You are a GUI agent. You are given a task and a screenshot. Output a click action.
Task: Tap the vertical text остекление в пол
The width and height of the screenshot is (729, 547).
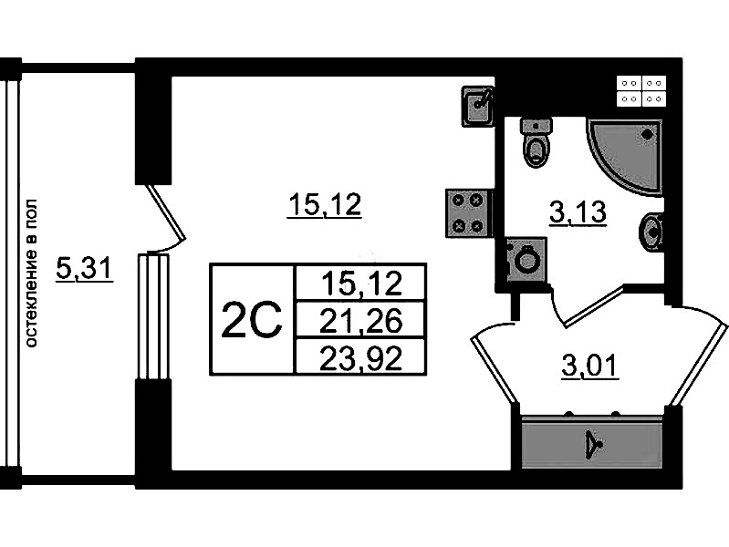(x=32, y=273)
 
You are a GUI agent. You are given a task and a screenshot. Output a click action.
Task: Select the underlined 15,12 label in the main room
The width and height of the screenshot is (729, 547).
(x=325, y=207)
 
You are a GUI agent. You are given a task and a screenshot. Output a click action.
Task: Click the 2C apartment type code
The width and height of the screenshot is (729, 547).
(x=251, y=319)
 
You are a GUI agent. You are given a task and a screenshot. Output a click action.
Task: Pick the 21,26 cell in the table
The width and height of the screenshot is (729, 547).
(x=361, y=320)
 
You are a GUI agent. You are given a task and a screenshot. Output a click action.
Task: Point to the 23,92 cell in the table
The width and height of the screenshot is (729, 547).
(x=361, y=356)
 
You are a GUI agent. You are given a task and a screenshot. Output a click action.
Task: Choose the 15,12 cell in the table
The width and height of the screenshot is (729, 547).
(x=361, y=284)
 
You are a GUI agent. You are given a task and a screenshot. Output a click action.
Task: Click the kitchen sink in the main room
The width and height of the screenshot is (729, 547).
(x=477, y=106)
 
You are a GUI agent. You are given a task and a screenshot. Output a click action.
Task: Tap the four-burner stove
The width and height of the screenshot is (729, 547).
(x=468, y=213)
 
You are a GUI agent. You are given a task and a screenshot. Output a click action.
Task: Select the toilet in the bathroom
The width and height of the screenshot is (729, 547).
(x=536, y=142)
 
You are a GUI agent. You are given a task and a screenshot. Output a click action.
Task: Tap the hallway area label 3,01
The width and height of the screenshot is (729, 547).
(x=589, y=367)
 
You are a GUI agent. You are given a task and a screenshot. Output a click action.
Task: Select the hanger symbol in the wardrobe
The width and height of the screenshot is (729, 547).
(x=594, y=444)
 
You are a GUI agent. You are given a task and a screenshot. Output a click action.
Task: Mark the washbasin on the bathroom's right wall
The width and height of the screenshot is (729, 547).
(x=652, y=231)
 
